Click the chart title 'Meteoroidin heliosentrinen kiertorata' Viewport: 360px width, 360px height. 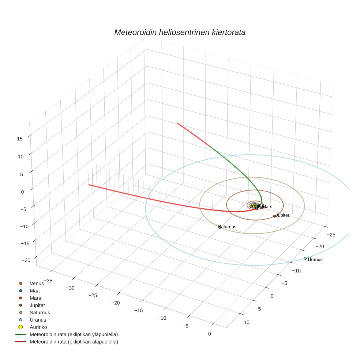pyautogui.click(x=180, y=32)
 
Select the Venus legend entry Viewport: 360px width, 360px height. pyautogui.click(x=37, y=283)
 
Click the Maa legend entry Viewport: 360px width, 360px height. pyautogui.click(x=34, y=290)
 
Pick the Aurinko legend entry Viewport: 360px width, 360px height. pyautogui.click(x=38, y=327)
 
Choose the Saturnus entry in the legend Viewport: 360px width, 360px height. pyautogui.click(x=40, y=312)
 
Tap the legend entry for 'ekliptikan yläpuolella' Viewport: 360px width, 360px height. pyautogui.click(x=74, y=334)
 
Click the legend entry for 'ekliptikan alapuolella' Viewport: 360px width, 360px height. pyautogui.click(x=74, y=342)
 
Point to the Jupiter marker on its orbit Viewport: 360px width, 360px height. pyautogui.click(x=274, y=216)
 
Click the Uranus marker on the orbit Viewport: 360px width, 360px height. pyautogui.click(x=305, y=258)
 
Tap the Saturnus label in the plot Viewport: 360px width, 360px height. pyautogui.click(x=227, y=227)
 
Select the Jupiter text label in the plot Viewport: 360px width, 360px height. pyautogui.click(x=283, y=215)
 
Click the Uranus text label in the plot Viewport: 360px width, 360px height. pyautogui.click(x=315, y=260)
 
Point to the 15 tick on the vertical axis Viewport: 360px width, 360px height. pyautogui.click(x=20, y=138)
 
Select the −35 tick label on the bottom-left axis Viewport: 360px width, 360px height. pyautogui.click(x=48, y=281)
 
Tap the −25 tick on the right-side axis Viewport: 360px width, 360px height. pyautogui.click(x=331, y=234)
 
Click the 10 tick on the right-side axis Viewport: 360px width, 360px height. pyautogui.click(x=247, y=322)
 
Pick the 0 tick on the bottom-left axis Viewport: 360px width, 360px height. pyautogui.click(x=209, y=333)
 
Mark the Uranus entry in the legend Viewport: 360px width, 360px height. pyautogui.click(x=38, y=320)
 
